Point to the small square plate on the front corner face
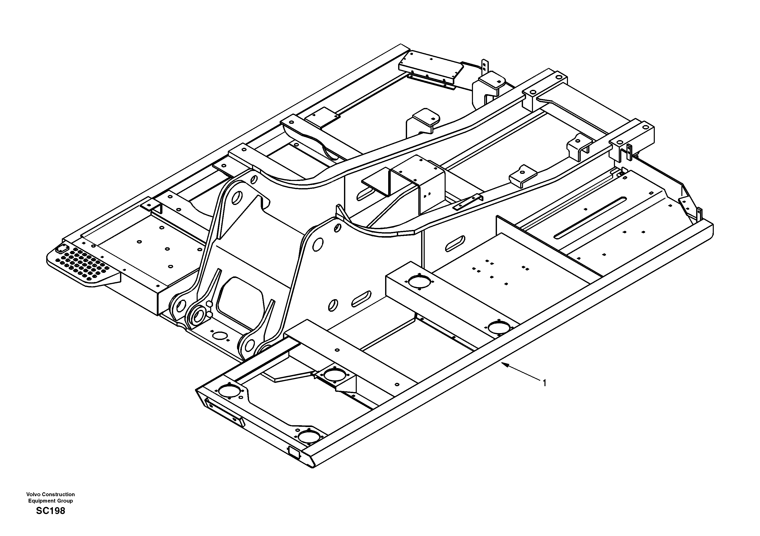[294, 452]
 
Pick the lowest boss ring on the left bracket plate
[199, 315]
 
